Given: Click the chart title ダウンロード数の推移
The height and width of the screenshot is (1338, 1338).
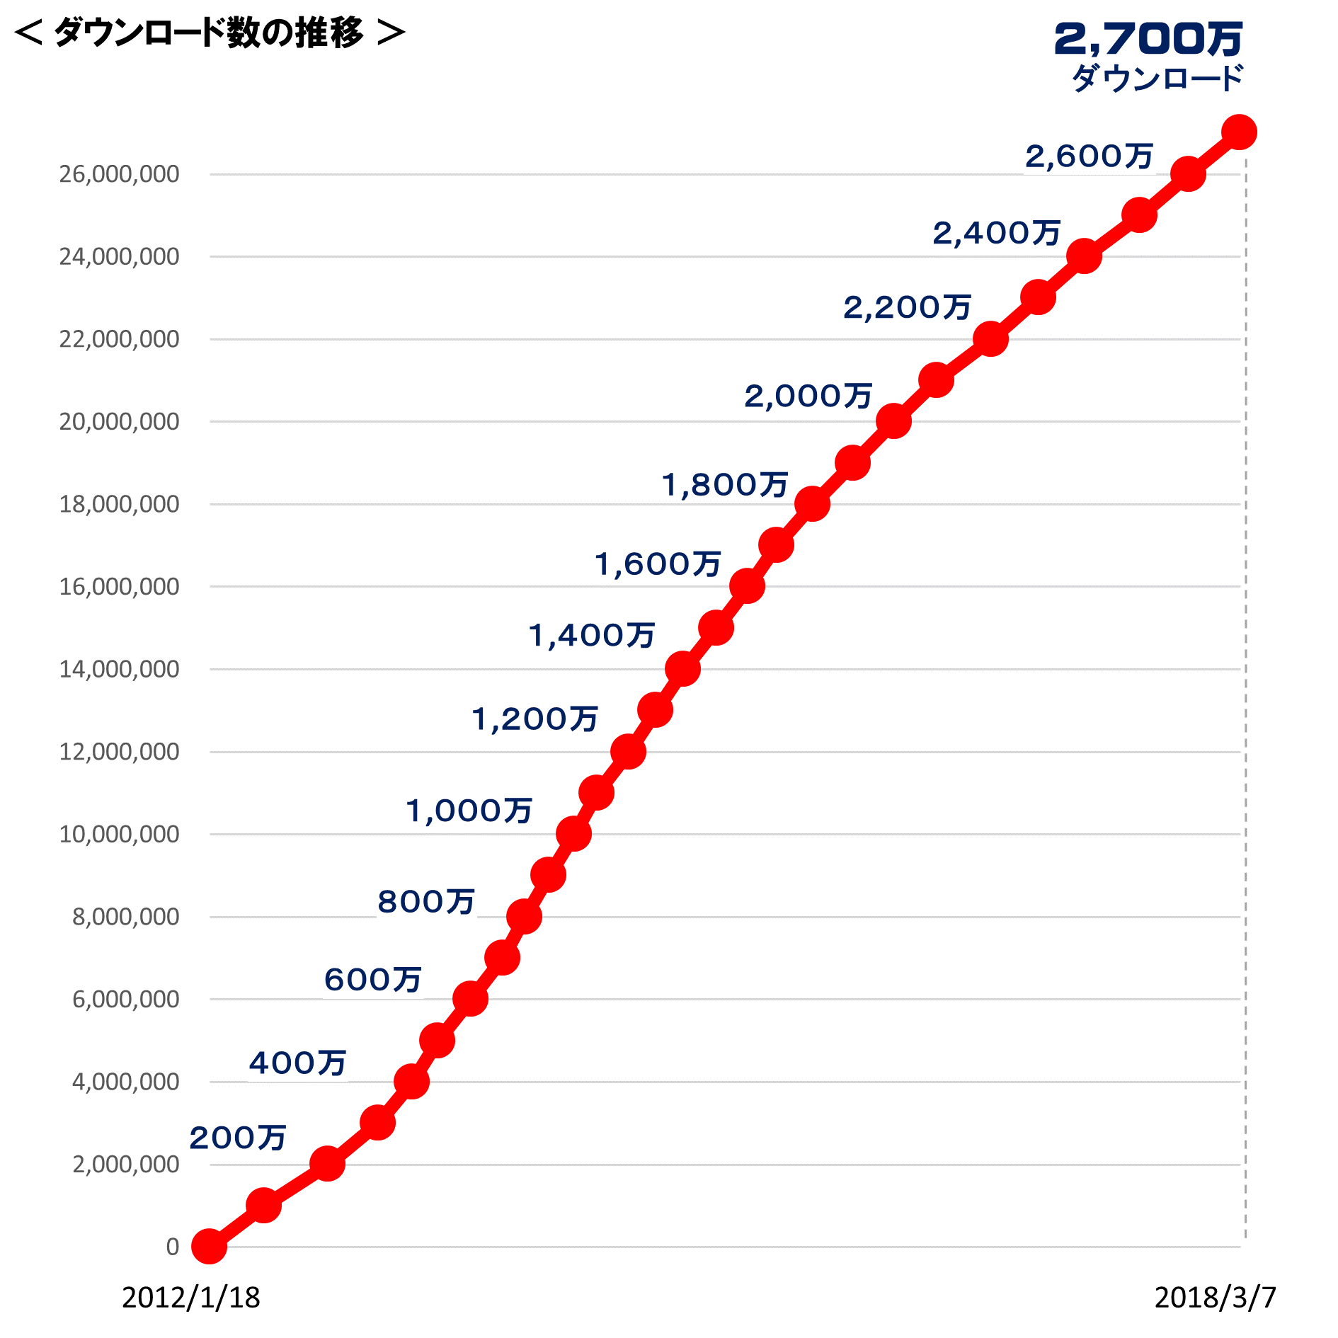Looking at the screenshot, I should pyautogui.click(x=210, y=33).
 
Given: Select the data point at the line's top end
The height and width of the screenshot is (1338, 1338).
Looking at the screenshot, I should pyautogui.click(x=1239, y=132).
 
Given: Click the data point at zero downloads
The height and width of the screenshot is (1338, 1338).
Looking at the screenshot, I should pyautogui.click(x=210, y=1247).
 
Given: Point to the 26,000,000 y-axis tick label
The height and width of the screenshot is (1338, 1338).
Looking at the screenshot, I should pyautogui.click(x=119, y=174).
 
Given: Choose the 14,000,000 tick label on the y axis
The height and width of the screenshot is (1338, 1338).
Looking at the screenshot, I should pyautogui.click(x=119, y=669).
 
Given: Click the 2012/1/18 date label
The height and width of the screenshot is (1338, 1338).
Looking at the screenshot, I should pyautogui.click(x=191, y=1298).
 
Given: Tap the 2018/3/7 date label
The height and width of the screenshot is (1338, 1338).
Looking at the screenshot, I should pyautogui.click(x=1215, y=1298).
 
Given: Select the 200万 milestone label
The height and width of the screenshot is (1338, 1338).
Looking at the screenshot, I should pyautogui.click(x=238, y=1138).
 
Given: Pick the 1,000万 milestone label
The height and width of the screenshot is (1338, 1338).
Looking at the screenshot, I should pyautogui.click(x=469, y=811).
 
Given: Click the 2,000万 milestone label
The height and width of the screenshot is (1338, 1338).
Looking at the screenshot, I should pyautogui.click(x=808, y=396).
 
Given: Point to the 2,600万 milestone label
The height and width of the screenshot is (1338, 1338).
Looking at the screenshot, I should pyautogui.click(x=1089, y=156).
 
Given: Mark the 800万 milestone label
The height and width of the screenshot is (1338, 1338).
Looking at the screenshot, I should pyautogui.click(x=425, y=902).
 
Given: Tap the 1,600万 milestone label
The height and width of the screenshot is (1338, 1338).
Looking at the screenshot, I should pyautogui.click(x=658, y=564).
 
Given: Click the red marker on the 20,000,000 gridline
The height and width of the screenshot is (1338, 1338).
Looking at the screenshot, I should pyautogui.click(x=893, y=422).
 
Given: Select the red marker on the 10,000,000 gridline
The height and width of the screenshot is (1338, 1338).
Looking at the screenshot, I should pyautogui.click(x=573, y=834).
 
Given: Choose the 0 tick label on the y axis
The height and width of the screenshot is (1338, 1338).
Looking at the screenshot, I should pyautogui.click(x=173, y=1247).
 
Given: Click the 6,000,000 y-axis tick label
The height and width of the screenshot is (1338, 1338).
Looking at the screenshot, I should pyautogui.click(x=125, y=999).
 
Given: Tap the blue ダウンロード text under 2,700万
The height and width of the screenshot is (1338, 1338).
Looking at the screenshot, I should pyautogui.click(x=1157, y=78).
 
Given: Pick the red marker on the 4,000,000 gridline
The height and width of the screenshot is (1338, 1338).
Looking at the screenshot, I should pyautogui.click(x=411, y=1082).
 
